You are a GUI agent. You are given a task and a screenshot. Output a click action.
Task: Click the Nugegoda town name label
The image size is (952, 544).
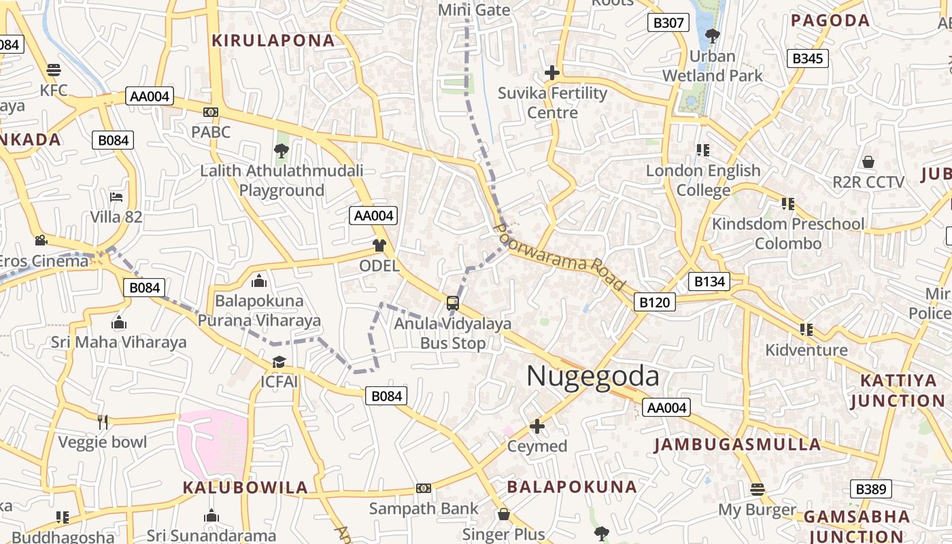tap(592, 377)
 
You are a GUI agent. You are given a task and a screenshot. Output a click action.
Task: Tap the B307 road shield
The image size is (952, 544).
tap(668, 23)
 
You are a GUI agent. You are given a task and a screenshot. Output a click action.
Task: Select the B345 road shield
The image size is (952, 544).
tap(808, 58)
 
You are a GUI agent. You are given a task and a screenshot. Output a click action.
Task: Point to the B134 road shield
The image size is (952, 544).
tap(709, 282)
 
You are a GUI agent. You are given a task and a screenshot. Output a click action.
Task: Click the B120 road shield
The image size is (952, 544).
tap(655, 302)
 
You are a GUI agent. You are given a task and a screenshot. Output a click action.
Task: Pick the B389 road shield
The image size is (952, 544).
tap(871, 489)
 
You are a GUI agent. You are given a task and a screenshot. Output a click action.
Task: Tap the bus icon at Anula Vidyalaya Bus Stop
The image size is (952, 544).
tap(452, 303)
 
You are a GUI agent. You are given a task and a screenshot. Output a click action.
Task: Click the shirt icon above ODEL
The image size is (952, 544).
tap(379, 245)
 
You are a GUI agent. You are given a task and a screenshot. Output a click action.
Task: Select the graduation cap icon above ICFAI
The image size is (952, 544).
tap(279, 361)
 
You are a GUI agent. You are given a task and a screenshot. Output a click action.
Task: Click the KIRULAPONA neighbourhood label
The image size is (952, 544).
tap(273, 41)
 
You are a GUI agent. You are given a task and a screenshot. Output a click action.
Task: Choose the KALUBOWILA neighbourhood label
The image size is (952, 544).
tap(245, 488)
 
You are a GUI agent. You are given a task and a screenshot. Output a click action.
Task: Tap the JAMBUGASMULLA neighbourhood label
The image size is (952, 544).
tap(737, 445)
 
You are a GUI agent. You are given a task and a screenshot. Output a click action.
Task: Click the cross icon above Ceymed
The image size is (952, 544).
tap(537, 426)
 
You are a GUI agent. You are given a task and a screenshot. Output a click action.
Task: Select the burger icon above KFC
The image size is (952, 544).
tap(54, 70)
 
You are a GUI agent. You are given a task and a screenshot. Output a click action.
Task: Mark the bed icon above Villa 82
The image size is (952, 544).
tap(117, 197)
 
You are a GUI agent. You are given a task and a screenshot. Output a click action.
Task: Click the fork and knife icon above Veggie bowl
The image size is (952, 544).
tap(103, 422)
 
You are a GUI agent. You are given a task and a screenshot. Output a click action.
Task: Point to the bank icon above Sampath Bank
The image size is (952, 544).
tap(424, 488)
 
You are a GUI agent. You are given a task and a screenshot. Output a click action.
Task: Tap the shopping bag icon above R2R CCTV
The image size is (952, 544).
tap(868, 162)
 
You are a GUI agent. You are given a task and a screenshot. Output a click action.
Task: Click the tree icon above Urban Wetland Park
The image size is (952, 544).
tap(712, 35)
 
